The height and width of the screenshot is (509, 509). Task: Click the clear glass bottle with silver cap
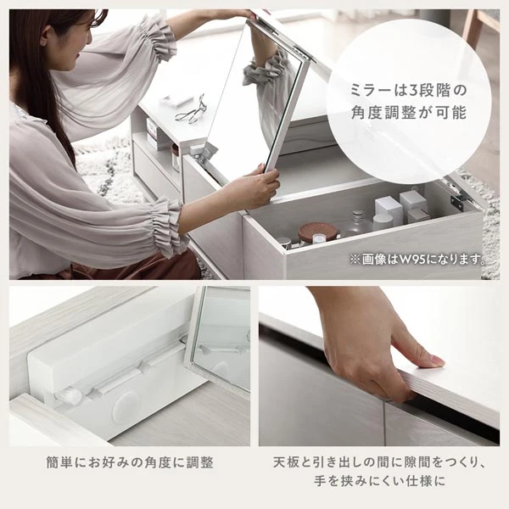click(357, 224)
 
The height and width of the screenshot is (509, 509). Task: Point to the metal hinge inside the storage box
click(458, 198)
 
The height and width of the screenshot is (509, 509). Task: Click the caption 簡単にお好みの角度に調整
click(130, 462)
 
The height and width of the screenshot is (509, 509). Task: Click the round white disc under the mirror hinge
click(125, 406)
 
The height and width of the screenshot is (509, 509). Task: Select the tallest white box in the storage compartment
click(389, 208)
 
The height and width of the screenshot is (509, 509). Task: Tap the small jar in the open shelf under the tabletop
click(176, 158)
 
